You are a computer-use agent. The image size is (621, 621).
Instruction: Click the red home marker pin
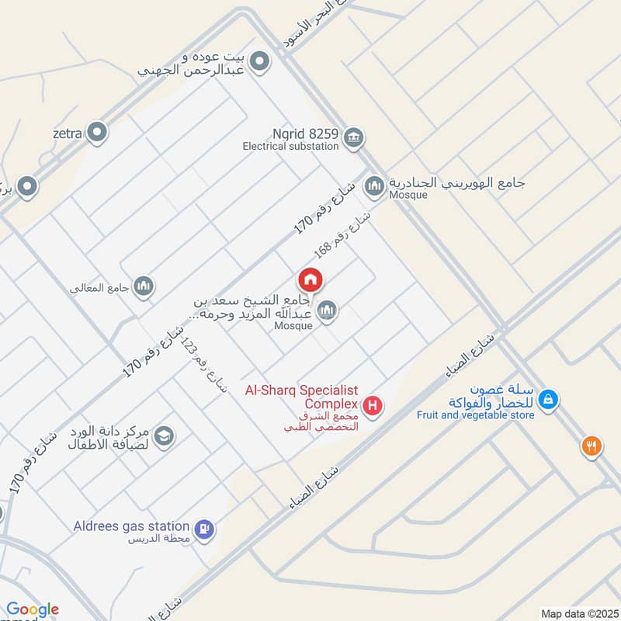pos(310,279)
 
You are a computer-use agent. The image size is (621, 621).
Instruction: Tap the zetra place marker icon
pos(97,133)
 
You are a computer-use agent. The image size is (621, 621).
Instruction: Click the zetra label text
pos(68,134)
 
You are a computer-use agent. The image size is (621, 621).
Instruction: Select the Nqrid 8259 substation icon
pos(354,137)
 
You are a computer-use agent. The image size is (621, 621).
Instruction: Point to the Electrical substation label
pos(290,146)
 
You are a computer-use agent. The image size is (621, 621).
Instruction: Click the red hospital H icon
pos(373,405)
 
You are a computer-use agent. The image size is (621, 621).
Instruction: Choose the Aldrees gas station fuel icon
pos(206,529)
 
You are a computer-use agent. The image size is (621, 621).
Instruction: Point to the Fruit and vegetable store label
pos(475,415)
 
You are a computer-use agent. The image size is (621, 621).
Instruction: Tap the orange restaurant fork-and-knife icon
pos(592,446)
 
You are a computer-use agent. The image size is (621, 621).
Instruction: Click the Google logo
pos(32,609)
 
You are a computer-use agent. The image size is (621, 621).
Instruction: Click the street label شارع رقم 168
pos(342,233)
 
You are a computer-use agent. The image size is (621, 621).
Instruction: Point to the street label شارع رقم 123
pos(197,368)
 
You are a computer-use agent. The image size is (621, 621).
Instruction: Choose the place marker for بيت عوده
pos(260,61)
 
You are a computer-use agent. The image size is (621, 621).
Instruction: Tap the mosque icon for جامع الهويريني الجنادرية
pos(375,185)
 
